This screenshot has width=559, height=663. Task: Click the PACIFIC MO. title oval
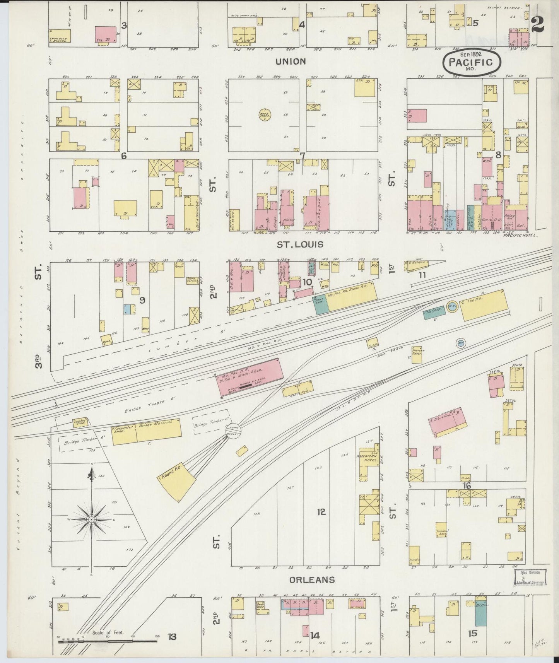pos(472,62)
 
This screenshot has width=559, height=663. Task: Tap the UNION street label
pos(291,61)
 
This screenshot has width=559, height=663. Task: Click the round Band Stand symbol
pos(265,114)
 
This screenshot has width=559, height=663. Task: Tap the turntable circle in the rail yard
pos(234,430)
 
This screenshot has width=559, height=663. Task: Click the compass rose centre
pos(92,519)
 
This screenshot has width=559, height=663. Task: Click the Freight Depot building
pos(417,354)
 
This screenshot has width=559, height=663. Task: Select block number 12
pos(321,512)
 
